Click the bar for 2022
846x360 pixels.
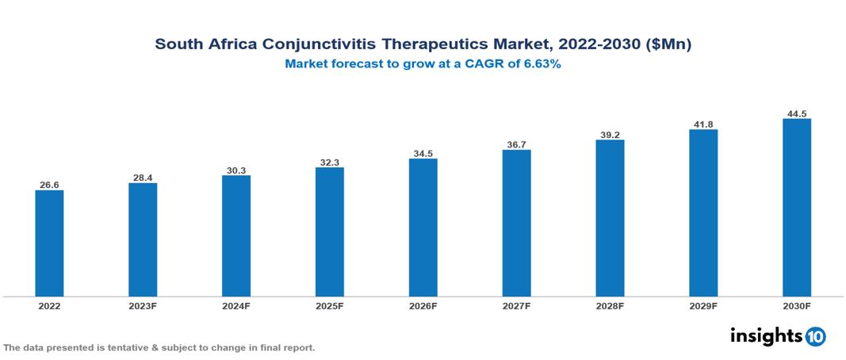49,243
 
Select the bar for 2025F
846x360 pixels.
329,232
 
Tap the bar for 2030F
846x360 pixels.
796,208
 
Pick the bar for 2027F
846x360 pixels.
516,223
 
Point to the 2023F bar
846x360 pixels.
143,239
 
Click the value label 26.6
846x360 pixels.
49,185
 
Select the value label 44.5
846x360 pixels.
796,113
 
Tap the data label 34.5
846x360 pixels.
423,153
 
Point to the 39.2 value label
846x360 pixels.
610,135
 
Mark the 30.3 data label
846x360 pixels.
236,170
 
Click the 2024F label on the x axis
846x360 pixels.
236,306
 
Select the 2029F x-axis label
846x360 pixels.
703,306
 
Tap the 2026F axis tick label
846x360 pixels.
423,306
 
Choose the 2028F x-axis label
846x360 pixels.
610,306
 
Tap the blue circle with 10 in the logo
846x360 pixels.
815,336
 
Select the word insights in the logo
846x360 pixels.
766,335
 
